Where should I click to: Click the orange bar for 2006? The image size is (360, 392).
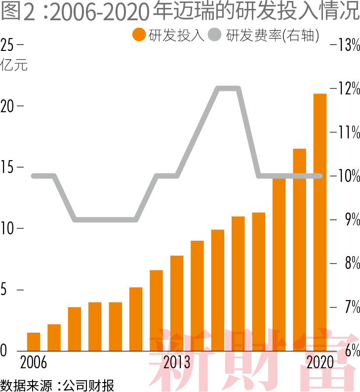click(34, 342)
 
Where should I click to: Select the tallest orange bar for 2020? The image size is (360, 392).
click(320, 222)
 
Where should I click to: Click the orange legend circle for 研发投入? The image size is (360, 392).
click(139, 35)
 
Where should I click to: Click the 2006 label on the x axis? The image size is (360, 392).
click(34, 363)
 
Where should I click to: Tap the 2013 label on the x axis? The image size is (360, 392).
click(177, 363)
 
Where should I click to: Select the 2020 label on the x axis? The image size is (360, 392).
click(320, 363)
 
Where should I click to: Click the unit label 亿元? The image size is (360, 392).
click(14, 65)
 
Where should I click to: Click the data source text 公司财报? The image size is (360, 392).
click(89, 385)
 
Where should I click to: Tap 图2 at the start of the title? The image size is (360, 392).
click(19, 12)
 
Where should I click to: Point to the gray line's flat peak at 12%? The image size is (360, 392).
click(229, 88)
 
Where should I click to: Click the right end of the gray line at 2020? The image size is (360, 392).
click(320, 176)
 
